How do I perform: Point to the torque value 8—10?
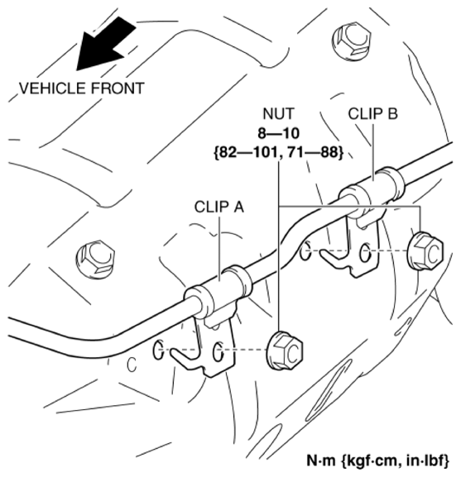[279, 134]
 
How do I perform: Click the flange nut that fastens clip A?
[285, 351]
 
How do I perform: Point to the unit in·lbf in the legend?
[425, 459]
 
